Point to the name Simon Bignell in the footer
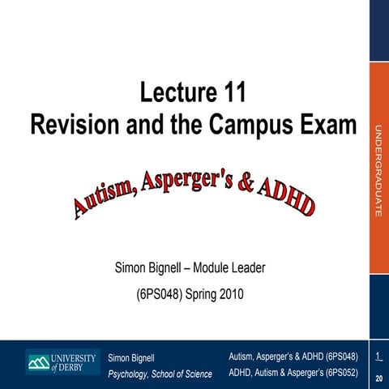tap(131, 357)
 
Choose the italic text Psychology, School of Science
tap(160, 374)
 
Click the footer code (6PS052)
tap(338, 374)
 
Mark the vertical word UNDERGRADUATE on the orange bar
tap(378, 171)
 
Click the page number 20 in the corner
tap(379, 378)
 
